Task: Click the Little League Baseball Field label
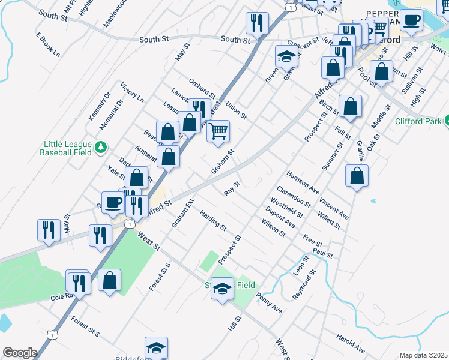[x=66, y=148]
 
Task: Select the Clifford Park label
[x=417, y=121]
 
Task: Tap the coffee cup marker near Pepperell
[x=412, y=20]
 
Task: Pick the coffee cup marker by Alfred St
[x=113, y=202]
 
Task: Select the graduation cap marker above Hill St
[x=222, y=290]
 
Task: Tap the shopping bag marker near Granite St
[x=357, y=176]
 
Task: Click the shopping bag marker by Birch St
[x=350, y=106]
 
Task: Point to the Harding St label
[x=213, y=221]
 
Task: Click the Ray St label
[x=232, y=188]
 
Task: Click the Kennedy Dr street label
[x=100, y=106]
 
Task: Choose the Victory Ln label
[x=132, y=92]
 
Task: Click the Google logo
[x=20, y=353]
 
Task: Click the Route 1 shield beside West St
[x=128, y=223]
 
